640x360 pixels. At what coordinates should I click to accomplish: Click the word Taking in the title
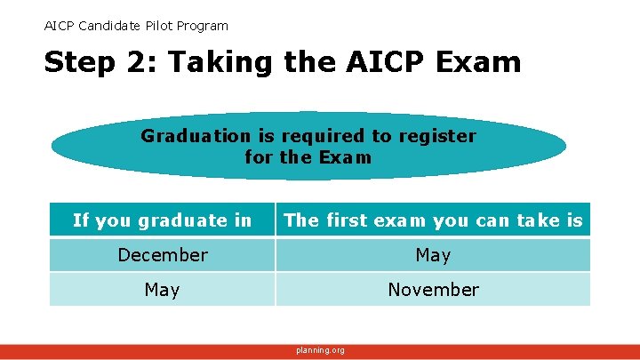[x=204, y=63]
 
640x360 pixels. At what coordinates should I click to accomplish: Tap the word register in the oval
[x=436, y=136]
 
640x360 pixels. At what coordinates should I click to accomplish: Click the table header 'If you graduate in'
[x=162, y=220]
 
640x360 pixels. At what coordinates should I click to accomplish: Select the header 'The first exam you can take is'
[x=433, y=220]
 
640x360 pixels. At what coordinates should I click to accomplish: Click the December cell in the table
[x=162, y=255]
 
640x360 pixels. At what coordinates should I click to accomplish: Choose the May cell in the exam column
[x=433, y=255]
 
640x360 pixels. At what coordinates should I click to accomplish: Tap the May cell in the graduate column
[x=162, y=290]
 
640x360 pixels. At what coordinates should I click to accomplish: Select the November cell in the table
[x=433, y=290]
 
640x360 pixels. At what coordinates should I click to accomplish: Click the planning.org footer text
[x=320, y=350]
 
